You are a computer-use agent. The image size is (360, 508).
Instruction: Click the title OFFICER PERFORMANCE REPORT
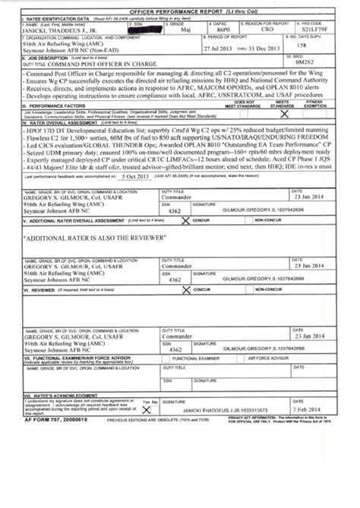click(179, 8)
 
